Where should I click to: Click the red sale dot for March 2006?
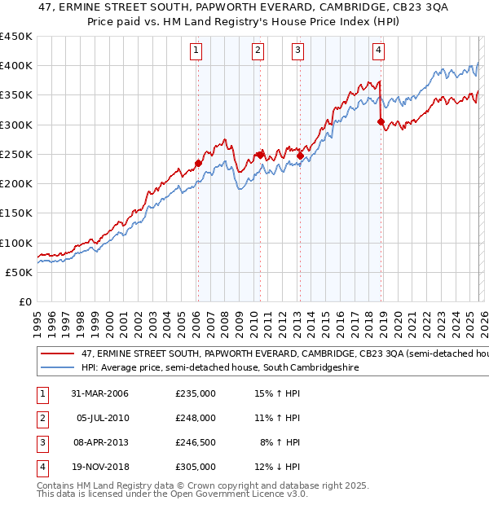(x=198, y=163)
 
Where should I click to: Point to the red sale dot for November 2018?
(x=381, y=121)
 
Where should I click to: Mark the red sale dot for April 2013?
(x=299, y=156)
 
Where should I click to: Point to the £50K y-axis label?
(x=20, y=272)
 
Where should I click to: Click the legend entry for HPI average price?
(x=220, y=368)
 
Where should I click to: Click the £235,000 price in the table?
(x=196, y=393)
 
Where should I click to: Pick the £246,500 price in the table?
(x=196, y=442)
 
